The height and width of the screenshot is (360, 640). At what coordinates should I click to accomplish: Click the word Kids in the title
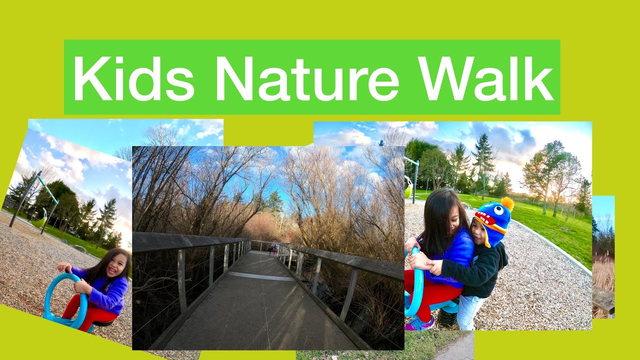pos(133,78)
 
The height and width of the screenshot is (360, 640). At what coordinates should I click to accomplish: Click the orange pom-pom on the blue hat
pos(507,203)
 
